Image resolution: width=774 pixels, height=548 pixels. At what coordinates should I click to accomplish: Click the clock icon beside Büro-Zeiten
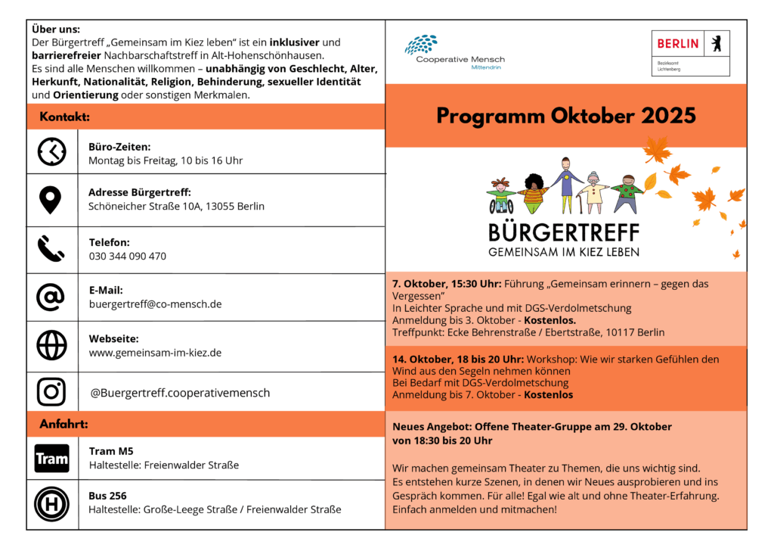point(52,152)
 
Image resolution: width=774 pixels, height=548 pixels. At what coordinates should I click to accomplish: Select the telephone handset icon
point(51,248)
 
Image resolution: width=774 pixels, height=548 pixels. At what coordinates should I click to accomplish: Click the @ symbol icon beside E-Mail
point(51,297)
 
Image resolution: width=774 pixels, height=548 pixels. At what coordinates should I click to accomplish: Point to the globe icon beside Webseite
point(51,345)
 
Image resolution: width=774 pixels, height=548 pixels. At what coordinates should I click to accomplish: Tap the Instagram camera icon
point(51,391)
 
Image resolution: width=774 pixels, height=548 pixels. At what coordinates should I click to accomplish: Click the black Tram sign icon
point(51,459)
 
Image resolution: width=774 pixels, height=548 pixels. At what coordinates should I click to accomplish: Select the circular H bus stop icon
point(51,504)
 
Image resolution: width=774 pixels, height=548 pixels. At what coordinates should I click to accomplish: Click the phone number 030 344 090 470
point(127,257)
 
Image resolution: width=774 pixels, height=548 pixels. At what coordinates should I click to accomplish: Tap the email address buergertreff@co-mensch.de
point(155,304)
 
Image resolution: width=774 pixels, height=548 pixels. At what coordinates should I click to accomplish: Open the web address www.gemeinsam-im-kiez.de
point(155,353)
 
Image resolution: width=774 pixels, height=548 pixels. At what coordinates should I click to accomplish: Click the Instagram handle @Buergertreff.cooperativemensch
point(180,393)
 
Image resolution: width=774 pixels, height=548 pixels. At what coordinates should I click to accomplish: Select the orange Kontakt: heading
point(65,117)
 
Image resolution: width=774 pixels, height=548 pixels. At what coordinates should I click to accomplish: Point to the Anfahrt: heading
point(64,425)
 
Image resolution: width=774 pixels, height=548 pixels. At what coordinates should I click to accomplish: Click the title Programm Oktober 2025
point(566,116)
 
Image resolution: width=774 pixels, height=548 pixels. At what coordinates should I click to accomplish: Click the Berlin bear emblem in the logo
point(715,43)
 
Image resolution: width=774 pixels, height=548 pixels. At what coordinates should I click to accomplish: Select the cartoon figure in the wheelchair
point(500,196)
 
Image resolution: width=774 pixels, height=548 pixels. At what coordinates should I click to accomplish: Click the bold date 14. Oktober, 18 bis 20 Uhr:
point(458,360)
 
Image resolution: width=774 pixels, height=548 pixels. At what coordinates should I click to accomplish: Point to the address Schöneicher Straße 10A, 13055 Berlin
point(176,207)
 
